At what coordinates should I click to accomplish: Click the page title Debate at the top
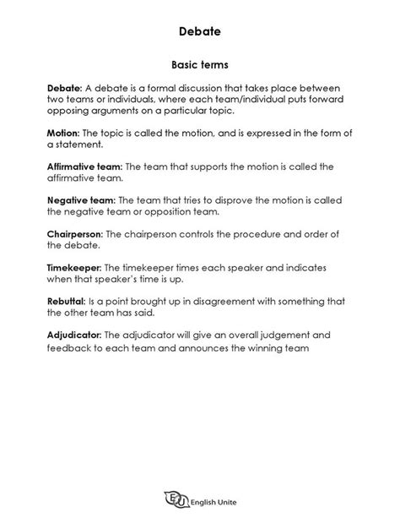(200, 31)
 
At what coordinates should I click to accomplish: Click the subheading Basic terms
(200, 64)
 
